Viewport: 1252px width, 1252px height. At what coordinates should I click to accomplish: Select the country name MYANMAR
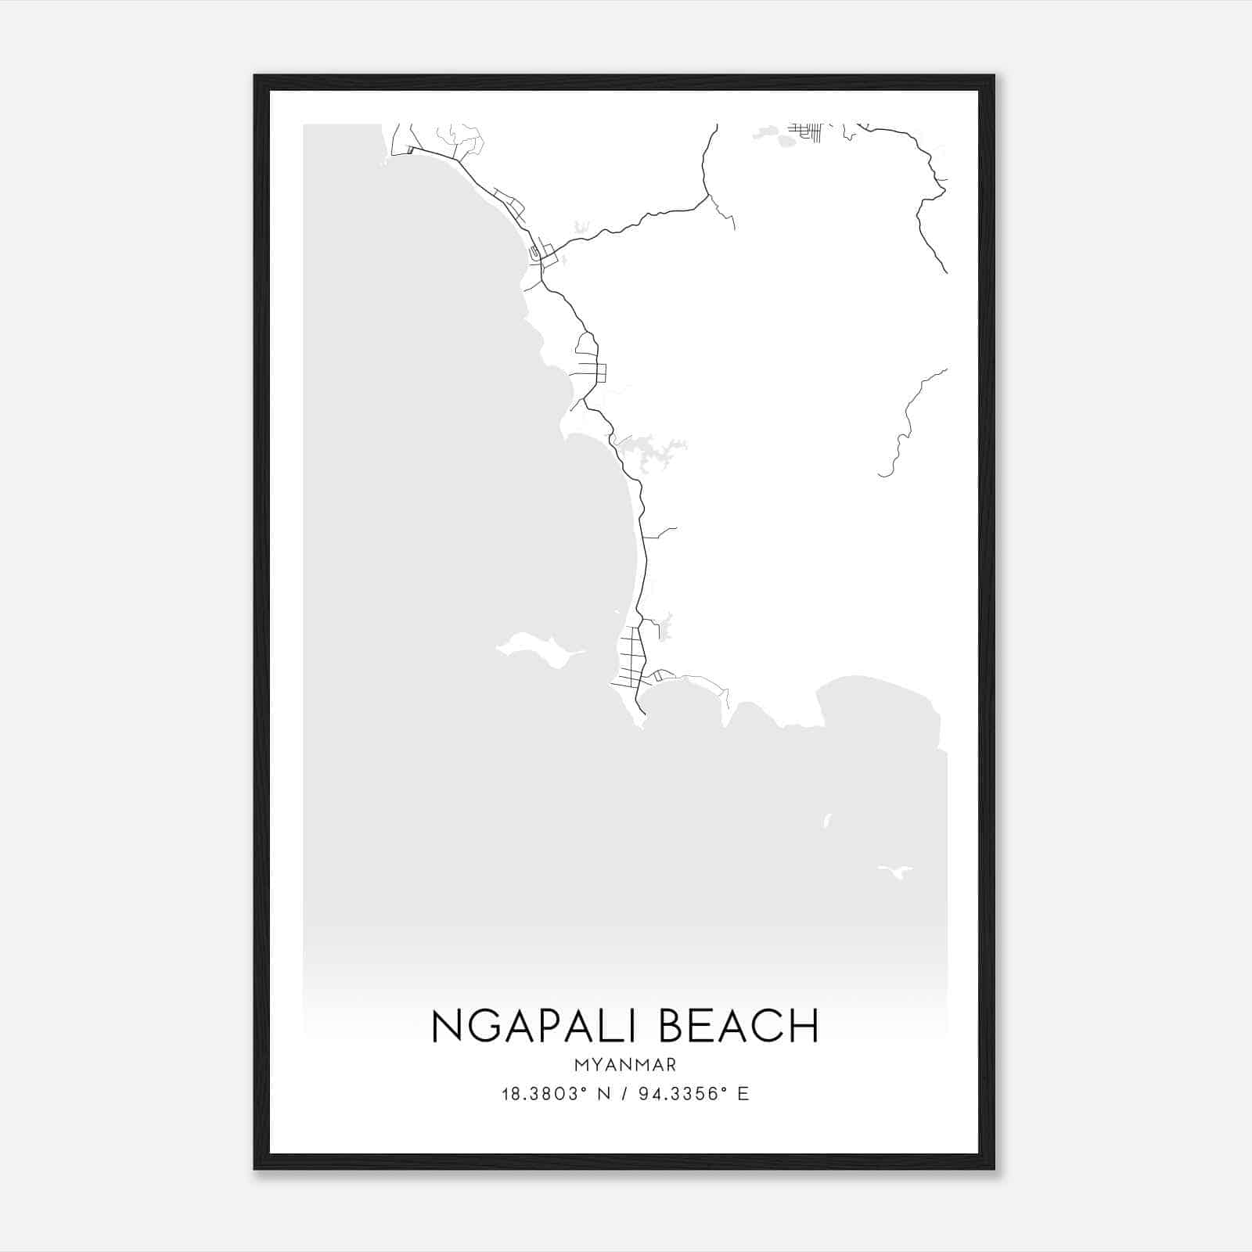click(x=624, y=1065)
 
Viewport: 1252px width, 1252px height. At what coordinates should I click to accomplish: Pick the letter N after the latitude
click(x=603, y=1094)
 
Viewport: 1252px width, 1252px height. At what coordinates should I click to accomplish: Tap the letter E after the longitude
click(x=743, y=1094)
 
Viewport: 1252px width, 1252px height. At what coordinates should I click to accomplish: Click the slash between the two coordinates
click(x=624, y=1094)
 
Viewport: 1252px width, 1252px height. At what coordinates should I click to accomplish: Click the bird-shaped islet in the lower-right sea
click(x=897, y=871)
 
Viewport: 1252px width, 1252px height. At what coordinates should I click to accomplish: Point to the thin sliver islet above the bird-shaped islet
click(x=826, y=820)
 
